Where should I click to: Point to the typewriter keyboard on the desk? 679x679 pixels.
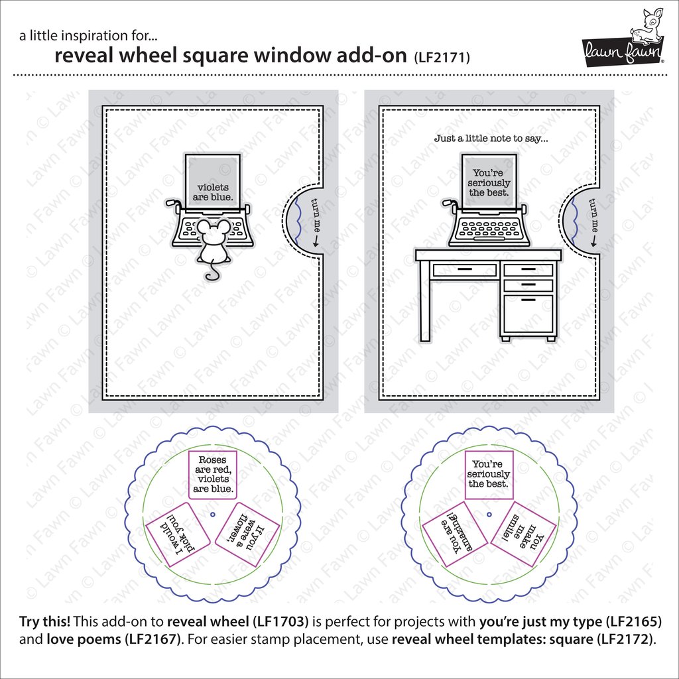click(x=490, y=228)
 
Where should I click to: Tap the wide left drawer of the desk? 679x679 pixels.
click(x=464, y=270)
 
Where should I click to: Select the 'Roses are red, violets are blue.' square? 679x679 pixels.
click(x=212, y=474)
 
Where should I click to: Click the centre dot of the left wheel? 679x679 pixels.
click(x=212, y=514)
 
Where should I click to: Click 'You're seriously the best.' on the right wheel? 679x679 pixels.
click(x=489, y=474)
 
